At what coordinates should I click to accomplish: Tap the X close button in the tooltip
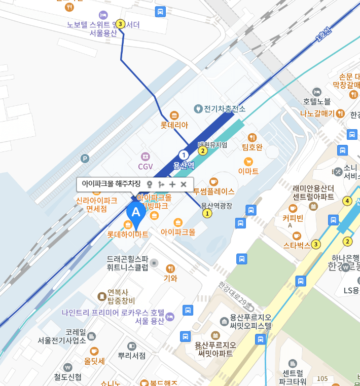coord(184,184)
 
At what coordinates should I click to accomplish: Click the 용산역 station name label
coord(184,165)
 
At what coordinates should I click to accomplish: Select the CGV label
coord(146,166)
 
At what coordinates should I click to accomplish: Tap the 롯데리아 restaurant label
coord(174,124)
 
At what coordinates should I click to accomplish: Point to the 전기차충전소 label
coord(224,109)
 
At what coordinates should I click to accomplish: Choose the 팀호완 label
coord(252,147)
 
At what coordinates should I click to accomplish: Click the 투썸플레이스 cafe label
coord(213,191)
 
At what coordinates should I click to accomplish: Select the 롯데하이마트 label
coord(127,235)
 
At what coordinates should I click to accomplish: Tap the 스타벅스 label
coord(297,245)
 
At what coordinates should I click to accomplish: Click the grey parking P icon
coord(85,159)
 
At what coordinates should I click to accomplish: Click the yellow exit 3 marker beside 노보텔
coord(120,24)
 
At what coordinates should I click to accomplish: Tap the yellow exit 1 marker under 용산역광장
coord(207,214)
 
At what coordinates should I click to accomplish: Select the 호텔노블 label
coord(316,101)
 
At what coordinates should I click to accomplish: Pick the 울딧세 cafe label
coord(94,361)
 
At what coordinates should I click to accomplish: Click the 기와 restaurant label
coord(170,278)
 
